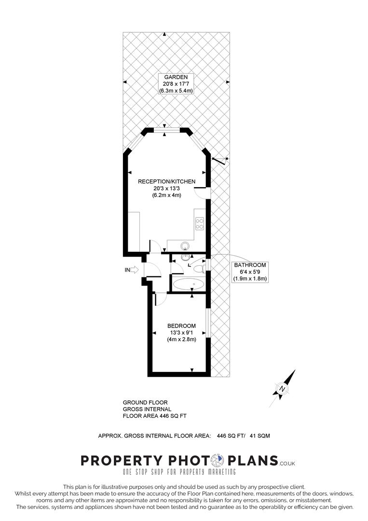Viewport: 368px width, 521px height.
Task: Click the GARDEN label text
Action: tap(172, 77)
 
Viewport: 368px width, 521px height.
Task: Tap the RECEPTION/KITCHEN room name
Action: tap(166, 181)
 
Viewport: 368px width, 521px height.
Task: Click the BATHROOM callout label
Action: tap(250, 265)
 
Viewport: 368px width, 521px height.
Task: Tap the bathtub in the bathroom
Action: tap(189, 284)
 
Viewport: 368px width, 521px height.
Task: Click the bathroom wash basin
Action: tap(186, 257)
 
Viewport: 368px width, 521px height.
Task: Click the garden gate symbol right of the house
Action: tap(220, 160)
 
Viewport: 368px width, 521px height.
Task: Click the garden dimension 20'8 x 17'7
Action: tap(172, 83)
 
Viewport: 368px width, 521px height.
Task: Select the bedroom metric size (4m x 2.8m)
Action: tap(182, 339)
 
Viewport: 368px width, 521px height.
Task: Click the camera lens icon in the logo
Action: tap(220, 460)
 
